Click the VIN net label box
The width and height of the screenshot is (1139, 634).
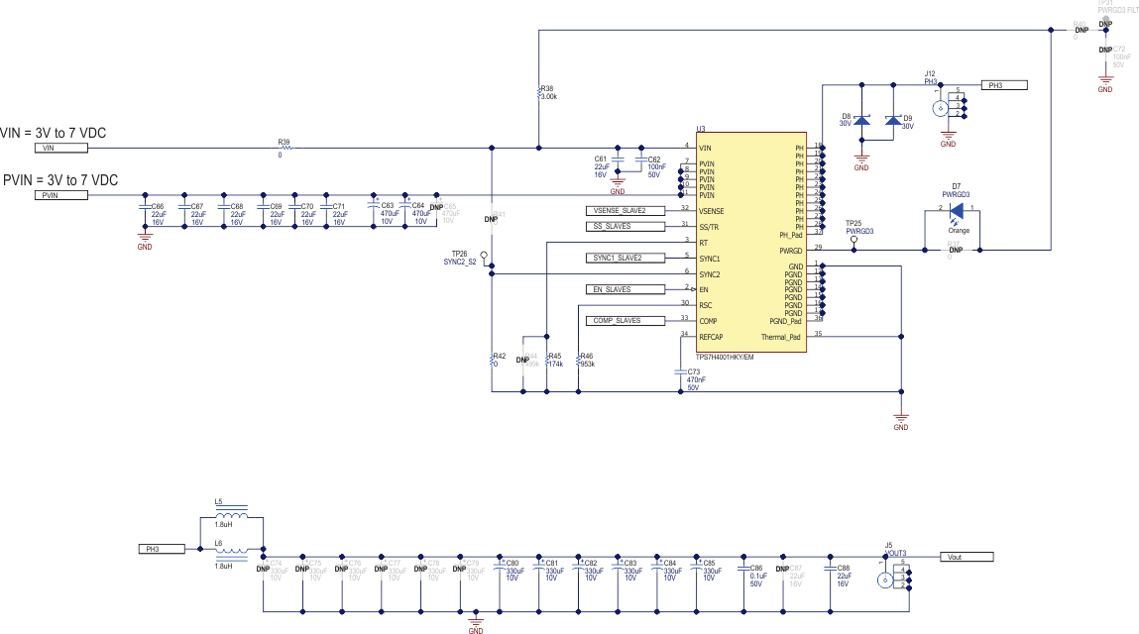tap(61, 148)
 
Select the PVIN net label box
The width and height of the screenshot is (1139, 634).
tap(61, 195)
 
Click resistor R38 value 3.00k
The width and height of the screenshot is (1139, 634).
tap(548, 97)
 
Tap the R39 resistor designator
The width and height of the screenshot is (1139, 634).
tap(284, 142)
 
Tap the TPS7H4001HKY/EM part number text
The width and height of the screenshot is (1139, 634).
tap(725, 357)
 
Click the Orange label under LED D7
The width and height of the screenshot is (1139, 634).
tap(959, 230)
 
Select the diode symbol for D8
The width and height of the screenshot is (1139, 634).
tap(861, 121)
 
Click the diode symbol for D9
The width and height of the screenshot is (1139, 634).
tap(893, 121)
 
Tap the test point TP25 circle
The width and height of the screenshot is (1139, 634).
tap(854, 239)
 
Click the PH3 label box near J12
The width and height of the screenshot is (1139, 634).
tap(1006, 85)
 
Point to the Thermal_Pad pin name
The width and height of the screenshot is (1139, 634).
tap(780, 337)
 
